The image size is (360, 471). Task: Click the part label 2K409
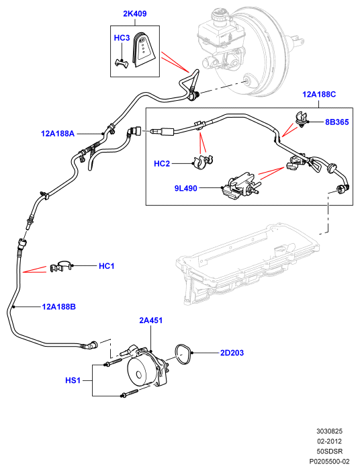point(135,14)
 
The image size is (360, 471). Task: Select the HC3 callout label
point(122,38)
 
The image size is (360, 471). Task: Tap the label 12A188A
point(58,133)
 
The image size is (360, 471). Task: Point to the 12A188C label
point(319,94)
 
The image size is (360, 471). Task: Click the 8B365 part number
point(337,122)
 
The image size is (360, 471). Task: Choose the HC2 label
point(162,163)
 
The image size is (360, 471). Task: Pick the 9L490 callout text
point(186,188)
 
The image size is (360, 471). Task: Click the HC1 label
point(107,266)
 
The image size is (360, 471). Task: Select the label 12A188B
point(59,306)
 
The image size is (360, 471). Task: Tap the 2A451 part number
point(150,320)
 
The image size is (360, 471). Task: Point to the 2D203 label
point(232,353)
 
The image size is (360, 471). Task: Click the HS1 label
point(73,380)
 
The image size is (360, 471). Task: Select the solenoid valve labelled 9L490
point(240,187)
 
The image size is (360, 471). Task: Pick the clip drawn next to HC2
point(202,163)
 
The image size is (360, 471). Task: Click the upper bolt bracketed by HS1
point(114,362)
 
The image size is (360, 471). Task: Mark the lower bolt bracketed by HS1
point(130,394)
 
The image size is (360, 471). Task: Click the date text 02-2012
point(329,441)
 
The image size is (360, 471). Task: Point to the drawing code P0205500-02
point(329,461)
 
